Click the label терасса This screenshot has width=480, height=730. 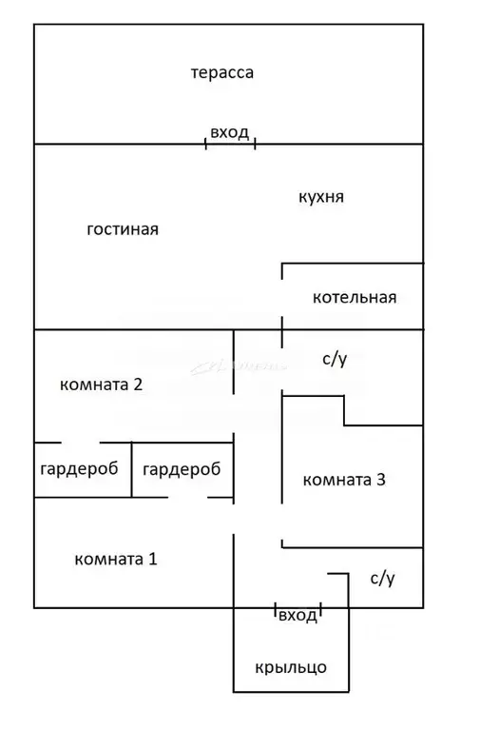click(221, 72)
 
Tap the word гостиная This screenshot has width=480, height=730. click(122, 229)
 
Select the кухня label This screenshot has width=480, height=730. click(320, 197)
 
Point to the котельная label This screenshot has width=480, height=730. click(354, 297)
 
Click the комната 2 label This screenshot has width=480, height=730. click(101, 385)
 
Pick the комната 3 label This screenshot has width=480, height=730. click(343, 480)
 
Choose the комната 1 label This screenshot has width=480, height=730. click(115, 559)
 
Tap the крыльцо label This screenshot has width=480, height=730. click(290, 667)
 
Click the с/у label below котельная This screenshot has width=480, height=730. click(335, 359)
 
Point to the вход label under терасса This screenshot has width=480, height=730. click(230, 132)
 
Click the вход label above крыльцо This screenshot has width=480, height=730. click(298, 616)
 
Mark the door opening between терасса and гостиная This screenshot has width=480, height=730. click(230, 145)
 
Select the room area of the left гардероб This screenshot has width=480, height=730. click(82, 483)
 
